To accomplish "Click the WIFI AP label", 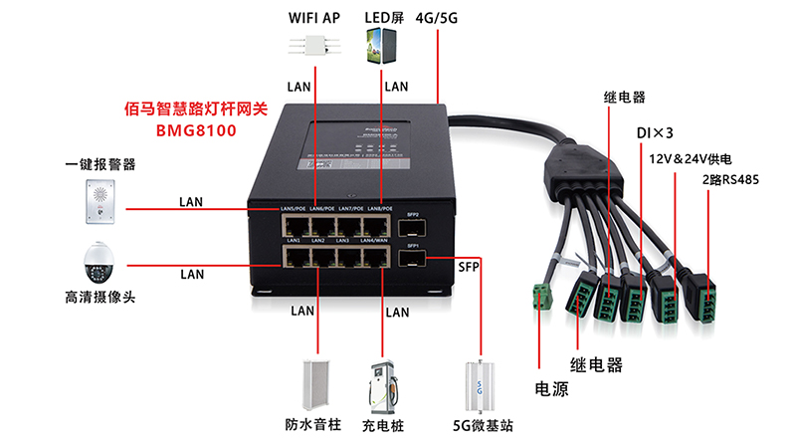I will click(313, 18).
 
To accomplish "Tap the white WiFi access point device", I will click(313, 48).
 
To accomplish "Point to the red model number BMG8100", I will click(196, 129).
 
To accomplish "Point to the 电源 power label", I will click(553, 388).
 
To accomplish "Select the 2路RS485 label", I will click(730, 180).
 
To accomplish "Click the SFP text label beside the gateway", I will click(469, 267).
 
